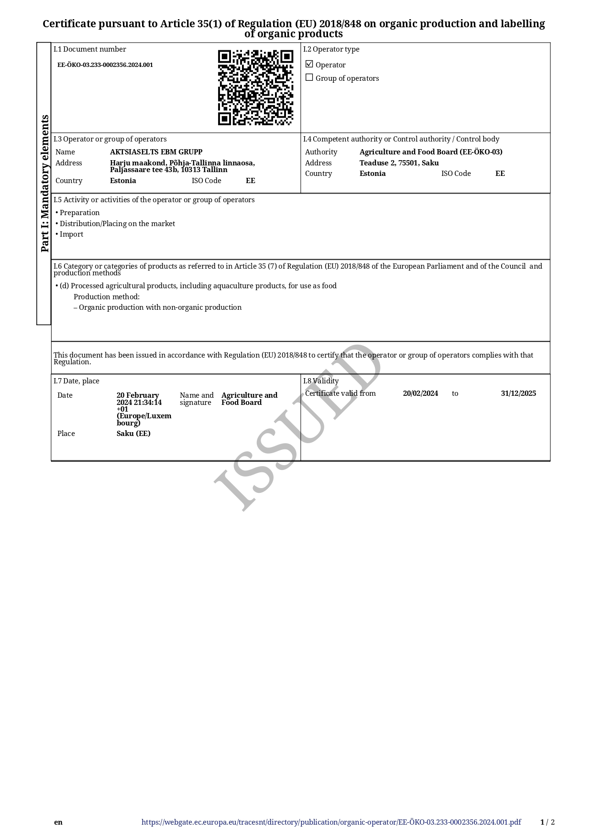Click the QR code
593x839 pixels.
pos(255,87)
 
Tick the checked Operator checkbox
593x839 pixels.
pos(309,64)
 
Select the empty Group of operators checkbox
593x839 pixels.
pos(309,77)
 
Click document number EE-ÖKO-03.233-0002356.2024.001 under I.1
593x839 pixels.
pos(105,65)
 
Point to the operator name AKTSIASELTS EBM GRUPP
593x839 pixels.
pos(156,152)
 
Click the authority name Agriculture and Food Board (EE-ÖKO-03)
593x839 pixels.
pos(430,152)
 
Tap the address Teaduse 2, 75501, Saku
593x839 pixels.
pos(399,163)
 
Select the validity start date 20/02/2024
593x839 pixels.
pos(420,393)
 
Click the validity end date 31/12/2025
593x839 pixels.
pos(518,393)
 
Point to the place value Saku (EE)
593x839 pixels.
pos(133,434)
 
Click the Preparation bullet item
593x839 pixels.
pos(79,213)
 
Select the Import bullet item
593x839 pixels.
pos(71,234)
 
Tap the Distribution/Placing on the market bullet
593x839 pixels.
pos(117,224)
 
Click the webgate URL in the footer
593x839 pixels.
pos(331,822)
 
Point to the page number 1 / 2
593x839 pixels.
pos(548,822)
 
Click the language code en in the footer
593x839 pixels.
pos(58,822)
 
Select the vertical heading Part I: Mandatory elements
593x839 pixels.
pos(44,183)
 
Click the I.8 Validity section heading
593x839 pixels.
pos(321,381)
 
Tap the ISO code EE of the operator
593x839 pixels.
pos(251,181)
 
